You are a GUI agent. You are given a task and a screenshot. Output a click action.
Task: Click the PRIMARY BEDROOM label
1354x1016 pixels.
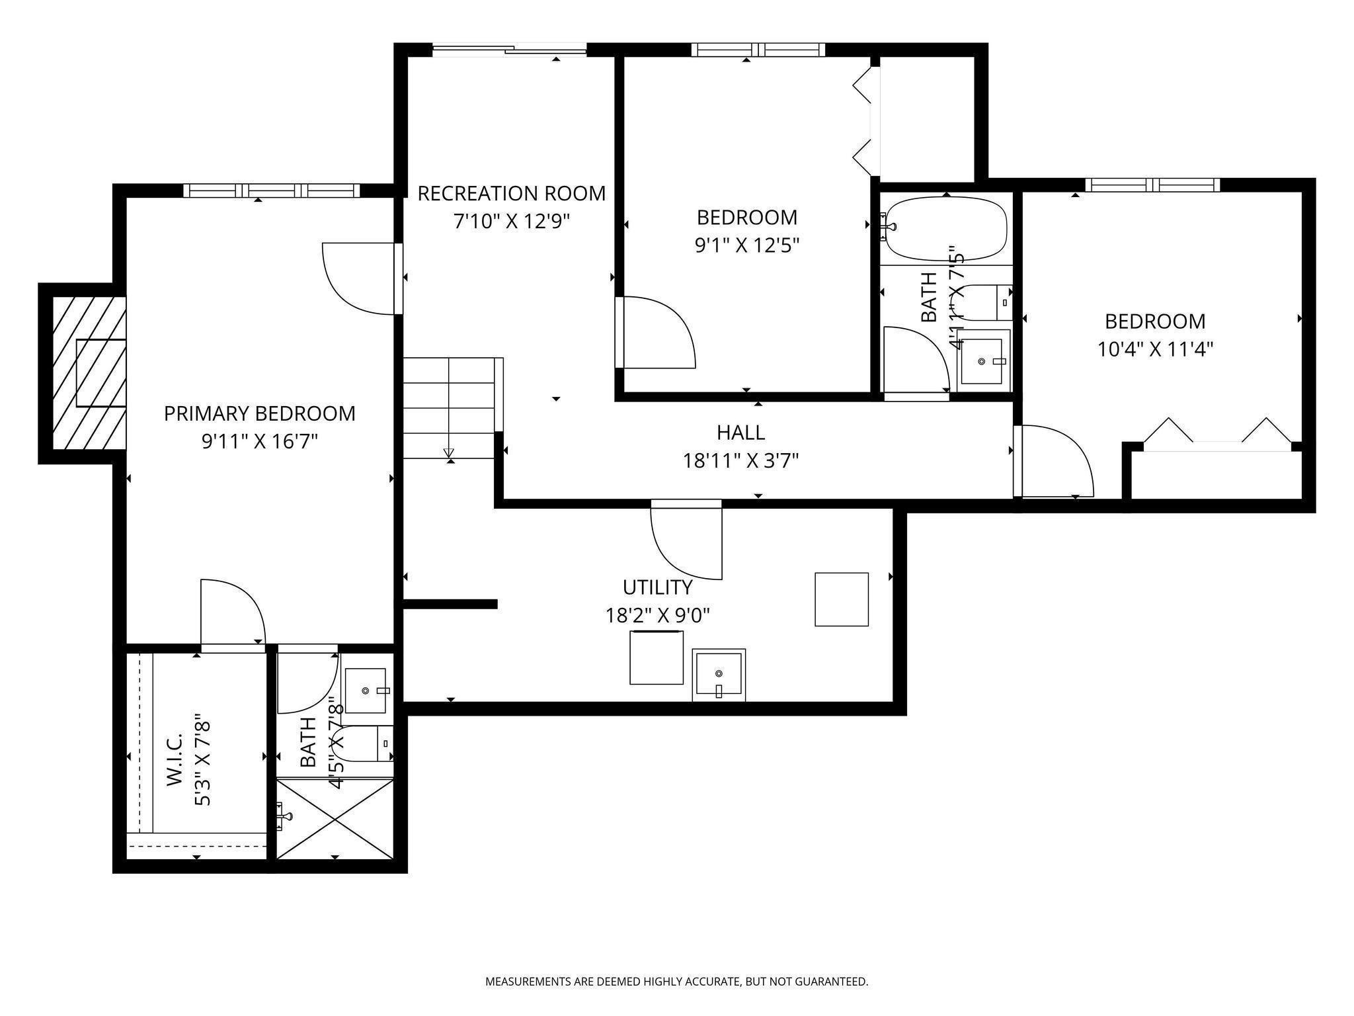click(x=259, y=413)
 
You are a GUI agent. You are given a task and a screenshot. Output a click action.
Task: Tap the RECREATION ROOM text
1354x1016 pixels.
click(x=511, y=193)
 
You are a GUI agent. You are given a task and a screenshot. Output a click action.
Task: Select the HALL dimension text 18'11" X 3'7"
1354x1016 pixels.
click(x=740, y=460)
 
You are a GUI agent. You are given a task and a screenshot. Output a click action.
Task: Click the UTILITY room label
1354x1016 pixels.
click(x=657, y=587)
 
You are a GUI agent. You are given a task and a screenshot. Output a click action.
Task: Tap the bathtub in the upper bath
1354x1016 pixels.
click(x=945, y=229)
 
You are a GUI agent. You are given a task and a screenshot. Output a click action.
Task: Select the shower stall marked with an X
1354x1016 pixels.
click(x=335, y=819)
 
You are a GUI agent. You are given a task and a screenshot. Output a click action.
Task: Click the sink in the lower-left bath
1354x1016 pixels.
click(x=366, y=691)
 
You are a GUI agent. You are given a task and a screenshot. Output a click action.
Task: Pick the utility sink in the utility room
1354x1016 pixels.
click(x=719, y=674)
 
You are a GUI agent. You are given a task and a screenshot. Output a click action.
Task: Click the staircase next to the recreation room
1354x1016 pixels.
click(x=449, y=407)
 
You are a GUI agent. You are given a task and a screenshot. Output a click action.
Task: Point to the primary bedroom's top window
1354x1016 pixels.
click(x=271, y=190)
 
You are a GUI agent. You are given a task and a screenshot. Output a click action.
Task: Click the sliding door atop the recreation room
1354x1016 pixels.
click(x=509, y=49)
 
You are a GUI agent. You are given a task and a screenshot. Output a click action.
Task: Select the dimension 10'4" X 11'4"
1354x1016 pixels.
click(x=1155, y=349)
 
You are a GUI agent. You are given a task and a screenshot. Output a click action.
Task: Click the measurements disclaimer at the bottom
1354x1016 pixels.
click(x=676, y=982)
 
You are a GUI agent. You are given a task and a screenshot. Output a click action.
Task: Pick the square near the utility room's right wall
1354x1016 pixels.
click(x=841, y=599)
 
